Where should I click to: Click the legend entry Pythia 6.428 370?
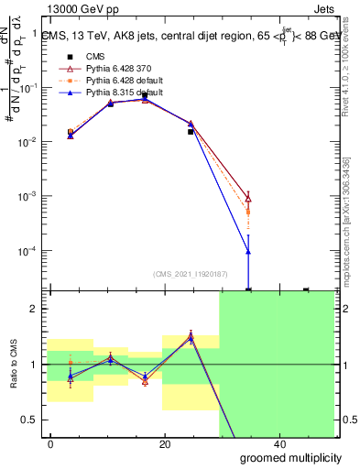coord(108,68)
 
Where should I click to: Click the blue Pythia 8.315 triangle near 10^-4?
coord(248,252)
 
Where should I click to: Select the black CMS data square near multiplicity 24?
coord(191,132)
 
